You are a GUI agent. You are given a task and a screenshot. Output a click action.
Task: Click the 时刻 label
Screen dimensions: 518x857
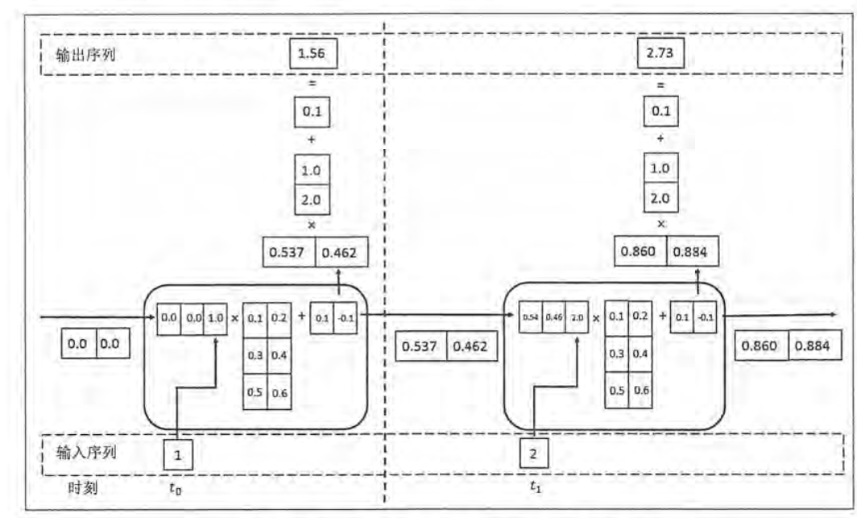pyautogui.click(x=82, y=487)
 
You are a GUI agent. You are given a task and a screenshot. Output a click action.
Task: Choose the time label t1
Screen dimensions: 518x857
pyautogui.click(x=535, y=486)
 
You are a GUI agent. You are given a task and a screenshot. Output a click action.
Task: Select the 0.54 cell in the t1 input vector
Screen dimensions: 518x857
pyautogui.click(x=530, y=317)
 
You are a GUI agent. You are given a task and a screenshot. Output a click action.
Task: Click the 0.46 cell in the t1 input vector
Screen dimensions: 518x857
pyautogui.click(x=553, y=317)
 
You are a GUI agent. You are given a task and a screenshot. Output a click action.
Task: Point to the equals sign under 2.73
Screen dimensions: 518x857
pyautogui.click(x=661, y=85)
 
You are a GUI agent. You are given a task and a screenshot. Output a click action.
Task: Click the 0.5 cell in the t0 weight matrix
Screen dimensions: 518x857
pyautogui.click(x=255, y=392)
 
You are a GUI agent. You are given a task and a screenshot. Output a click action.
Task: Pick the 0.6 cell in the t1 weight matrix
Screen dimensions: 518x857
pyautogui.click(x=641, y=390)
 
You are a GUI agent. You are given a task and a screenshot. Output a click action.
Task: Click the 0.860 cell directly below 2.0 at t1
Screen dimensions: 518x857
pyautogui.click(x=640, y=252)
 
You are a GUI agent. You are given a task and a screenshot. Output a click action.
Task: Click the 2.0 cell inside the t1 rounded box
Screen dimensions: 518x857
pyautogui.click(x=577, y=317)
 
